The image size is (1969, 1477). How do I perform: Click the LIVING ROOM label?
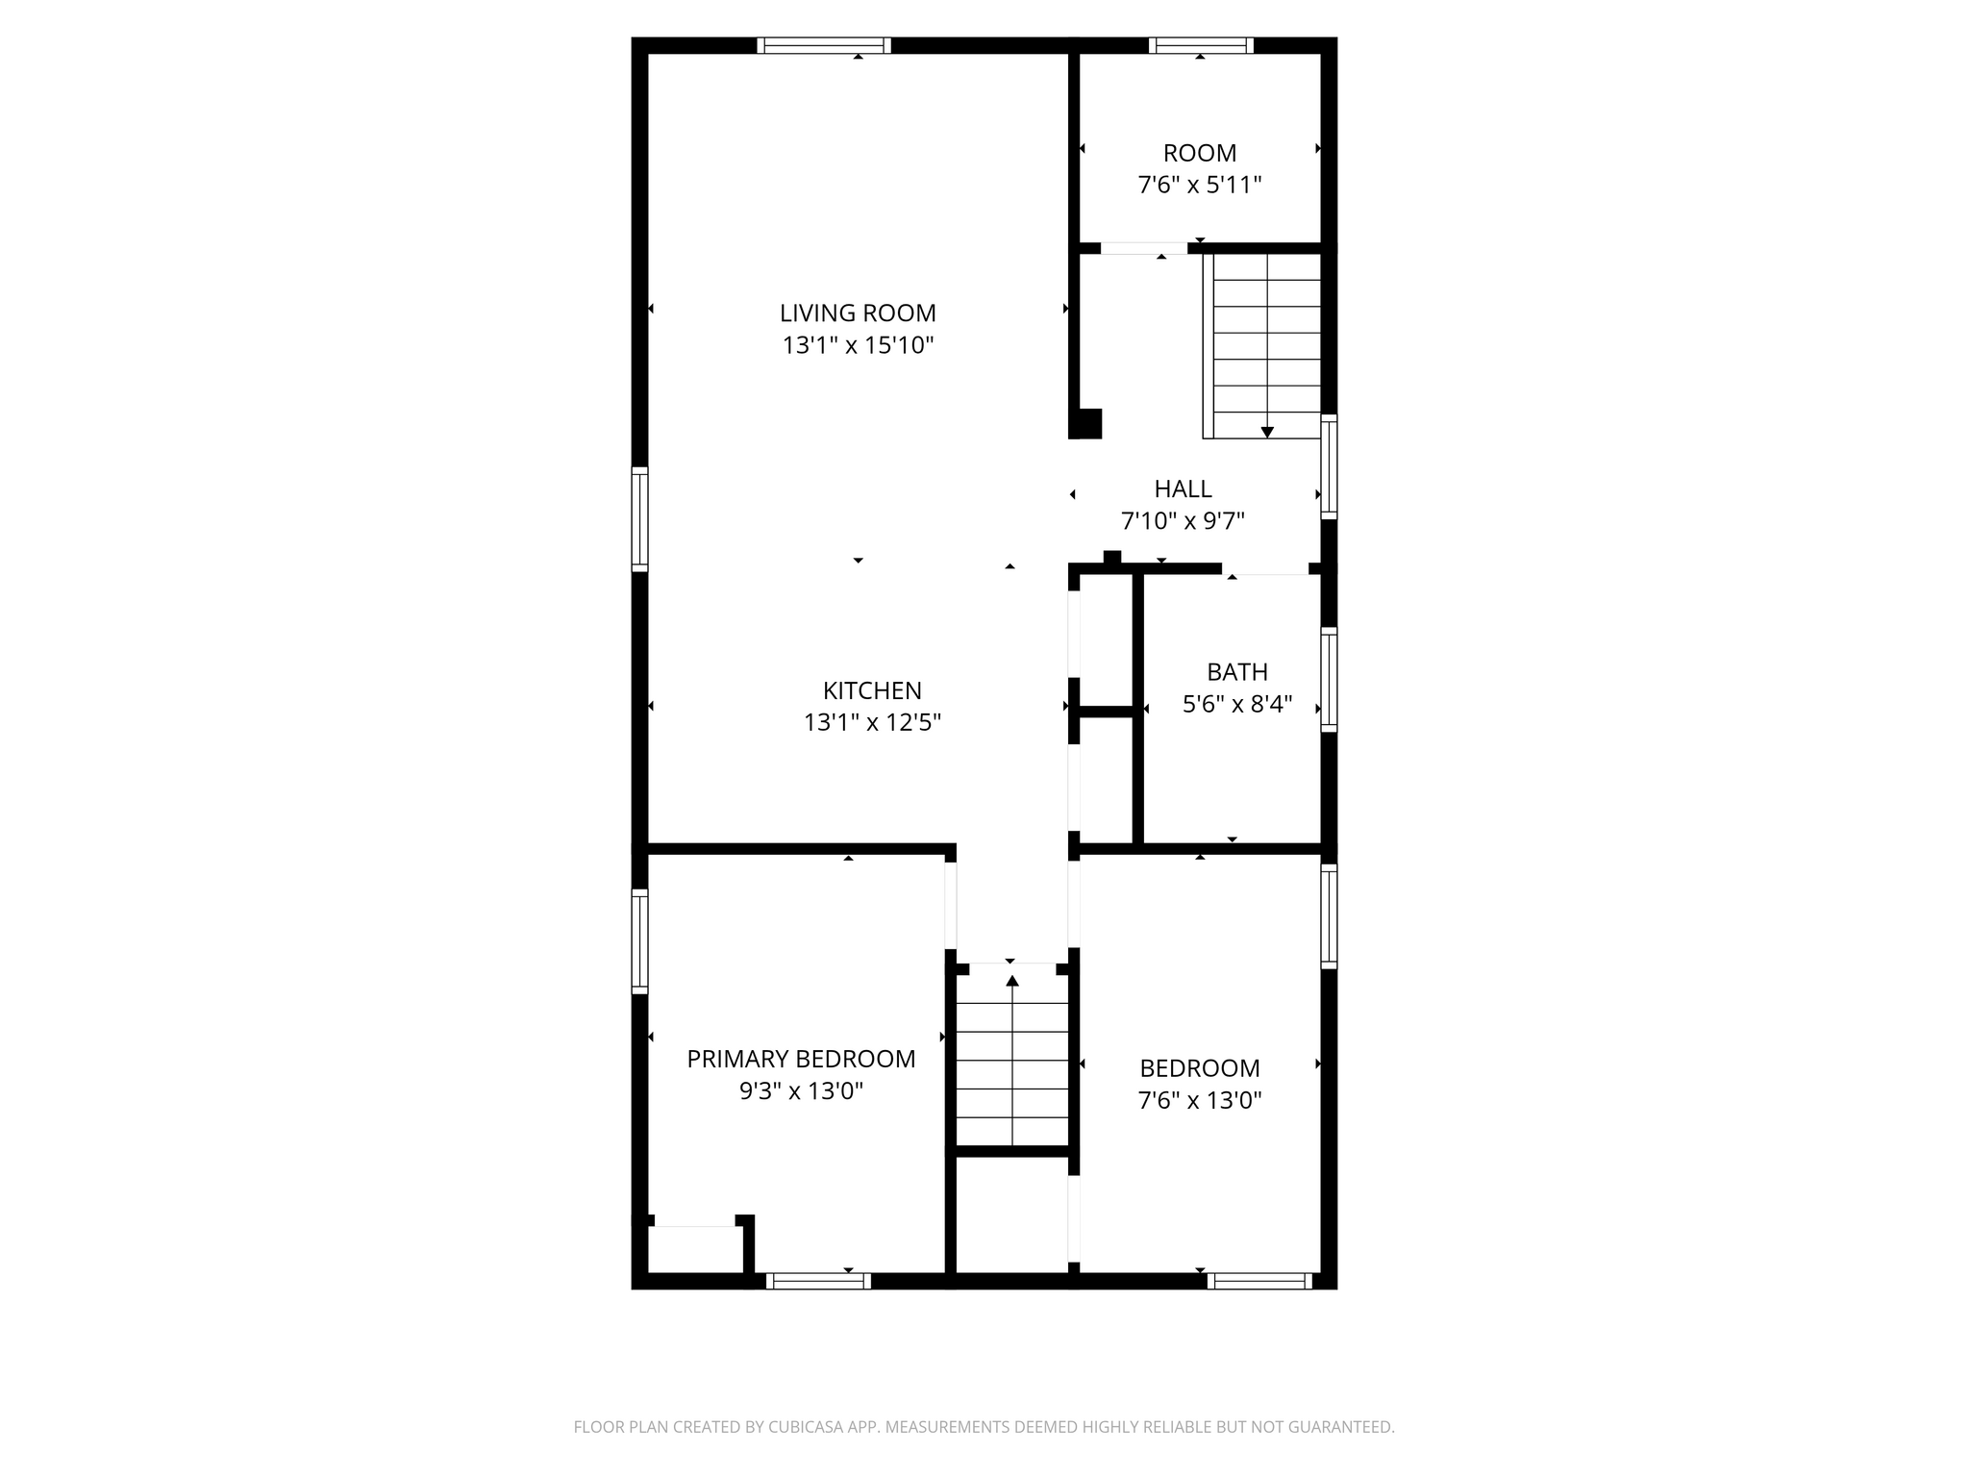click(858, 313)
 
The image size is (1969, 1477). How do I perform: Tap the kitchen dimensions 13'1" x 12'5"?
click(872, 722)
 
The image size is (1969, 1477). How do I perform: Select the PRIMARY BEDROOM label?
click(801, 1059)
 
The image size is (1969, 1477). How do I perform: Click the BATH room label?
click(1237, 672)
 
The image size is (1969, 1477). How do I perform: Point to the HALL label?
click(1183, 488)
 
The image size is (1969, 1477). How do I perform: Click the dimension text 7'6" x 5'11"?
click(1200, 185)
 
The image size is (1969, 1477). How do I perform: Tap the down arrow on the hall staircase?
click(1267, 432)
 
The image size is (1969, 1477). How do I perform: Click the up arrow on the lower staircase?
click(1012, 981)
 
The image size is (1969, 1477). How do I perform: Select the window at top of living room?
click(824, 45)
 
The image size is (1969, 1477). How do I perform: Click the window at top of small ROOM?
click(1201, 45)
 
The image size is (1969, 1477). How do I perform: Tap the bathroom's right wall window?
click(1329, 680)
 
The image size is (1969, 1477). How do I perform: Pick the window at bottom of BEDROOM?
click(1259, 1281)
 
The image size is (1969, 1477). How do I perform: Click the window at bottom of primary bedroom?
click(818, 1281)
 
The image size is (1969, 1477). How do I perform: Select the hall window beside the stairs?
click(1329, 466)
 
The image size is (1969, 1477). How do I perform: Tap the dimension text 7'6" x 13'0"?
click(1200, 1100)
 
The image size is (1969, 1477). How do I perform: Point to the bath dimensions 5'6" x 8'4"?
click(1237, 705)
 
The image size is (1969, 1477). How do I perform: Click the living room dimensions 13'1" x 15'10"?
click(858, 345)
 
